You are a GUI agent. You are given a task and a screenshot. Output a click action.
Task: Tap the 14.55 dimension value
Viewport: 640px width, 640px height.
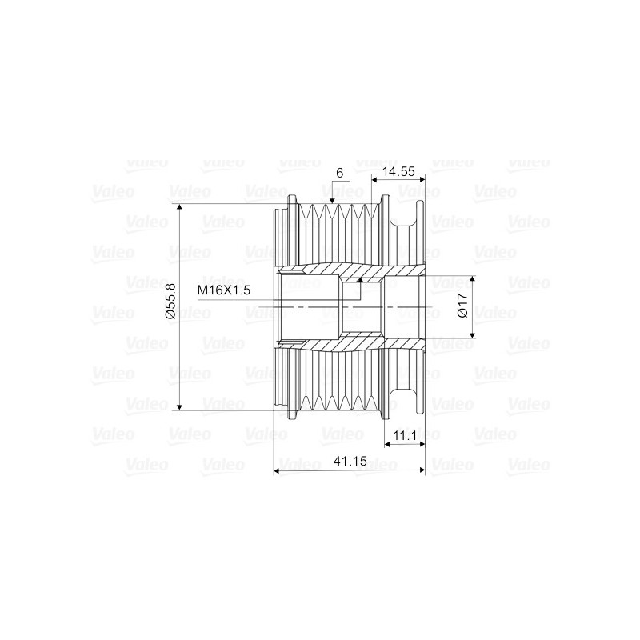click(398, 171)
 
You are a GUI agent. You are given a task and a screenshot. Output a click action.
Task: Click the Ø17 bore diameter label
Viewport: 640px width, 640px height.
click(462, 307)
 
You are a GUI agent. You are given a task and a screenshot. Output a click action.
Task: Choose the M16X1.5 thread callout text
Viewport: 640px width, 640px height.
click(224, 290)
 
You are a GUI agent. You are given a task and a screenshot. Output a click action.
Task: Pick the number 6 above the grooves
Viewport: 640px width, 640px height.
click(339, 173)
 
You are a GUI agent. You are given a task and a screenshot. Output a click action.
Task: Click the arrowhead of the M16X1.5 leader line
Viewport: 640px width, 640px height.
click(361, 280)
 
